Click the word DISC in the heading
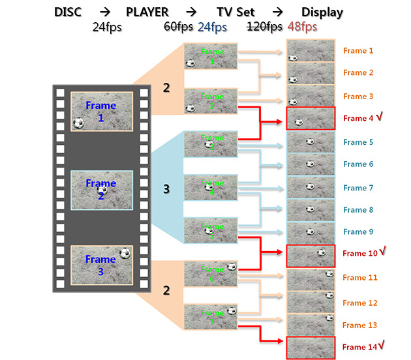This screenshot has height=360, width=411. tap(70, 12)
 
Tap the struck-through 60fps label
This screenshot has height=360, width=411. tap(177, 27)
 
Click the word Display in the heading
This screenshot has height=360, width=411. tap(322, 12)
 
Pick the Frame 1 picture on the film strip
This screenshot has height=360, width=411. tap(101, 112)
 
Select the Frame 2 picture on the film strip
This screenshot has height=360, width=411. tap(101, 190)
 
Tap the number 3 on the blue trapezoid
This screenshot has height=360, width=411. tap(166, 189)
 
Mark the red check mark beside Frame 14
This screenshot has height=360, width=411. tap(379, 345)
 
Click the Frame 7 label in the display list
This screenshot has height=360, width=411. tap(358, 188)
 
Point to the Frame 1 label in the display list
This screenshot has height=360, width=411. tap(358, 50)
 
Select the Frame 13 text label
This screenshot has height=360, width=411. tap(359, 325)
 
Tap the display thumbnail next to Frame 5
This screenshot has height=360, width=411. tap(310, 142)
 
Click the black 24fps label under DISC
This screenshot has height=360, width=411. tap(108, 27)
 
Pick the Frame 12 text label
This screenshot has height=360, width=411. tap(359, 303)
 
